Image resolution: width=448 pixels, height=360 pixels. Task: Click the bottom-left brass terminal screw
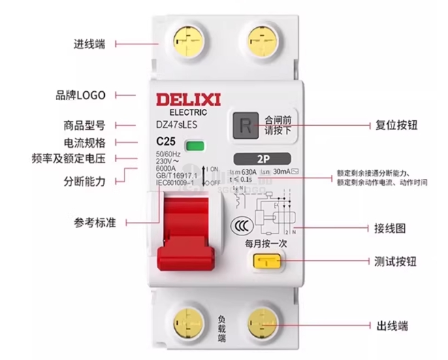[x=184, y=321]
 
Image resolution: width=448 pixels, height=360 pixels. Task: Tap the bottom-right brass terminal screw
[x=262, y=321]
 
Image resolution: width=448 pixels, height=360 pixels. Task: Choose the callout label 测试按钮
[x=396, y=261]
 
